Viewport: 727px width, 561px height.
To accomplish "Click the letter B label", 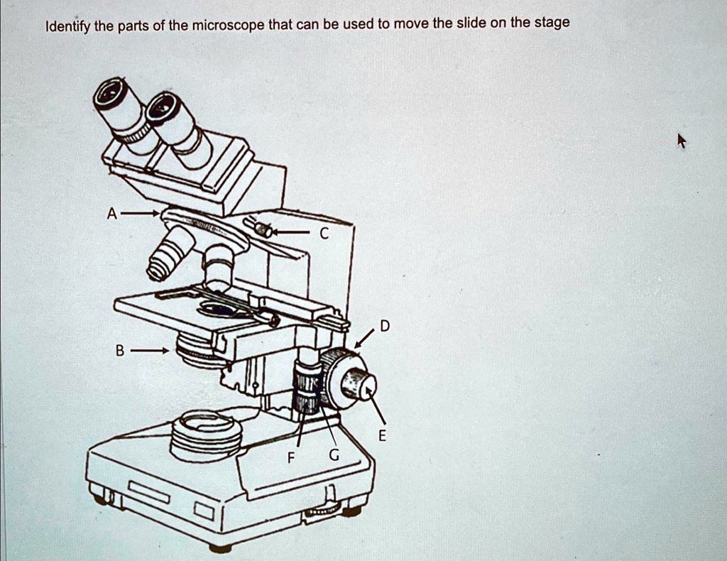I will pos(120,350).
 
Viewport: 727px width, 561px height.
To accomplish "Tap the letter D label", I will pos(384,327).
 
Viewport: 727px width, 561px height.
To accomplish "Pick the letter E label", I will pos(382,437).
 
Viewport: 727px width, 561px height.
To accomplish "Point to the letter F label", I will pos(290,458).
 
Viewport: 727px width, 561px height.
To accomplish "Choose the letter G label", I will pos(334,454).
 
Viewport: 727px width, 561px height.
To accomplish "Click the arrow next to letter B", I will pos(151,350).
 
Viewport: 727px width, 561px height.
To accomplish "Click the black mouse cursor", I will pos(682,141).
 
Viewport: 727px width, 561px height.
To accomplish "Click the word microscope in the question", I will pos(227,26).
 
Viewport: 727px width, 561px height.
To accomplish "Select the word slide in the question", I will pos(471,23).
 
